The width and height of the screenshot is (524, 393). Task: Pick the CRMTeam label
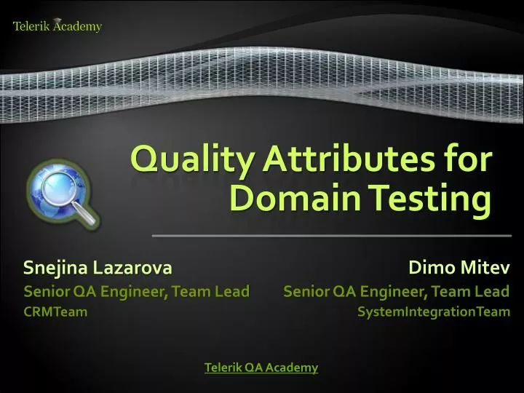(x=55, y=312)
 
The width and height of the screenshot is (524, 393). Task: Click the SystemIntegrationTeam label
(x=434, y=312)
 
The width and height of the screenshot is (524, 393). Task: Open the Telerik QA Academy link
(x=261, y=368)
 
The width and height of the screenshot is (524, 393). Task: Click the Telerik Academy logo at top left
(x=57, y=26)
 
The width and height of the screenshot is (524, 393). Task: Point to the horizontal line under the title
(x=331, y=237)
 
